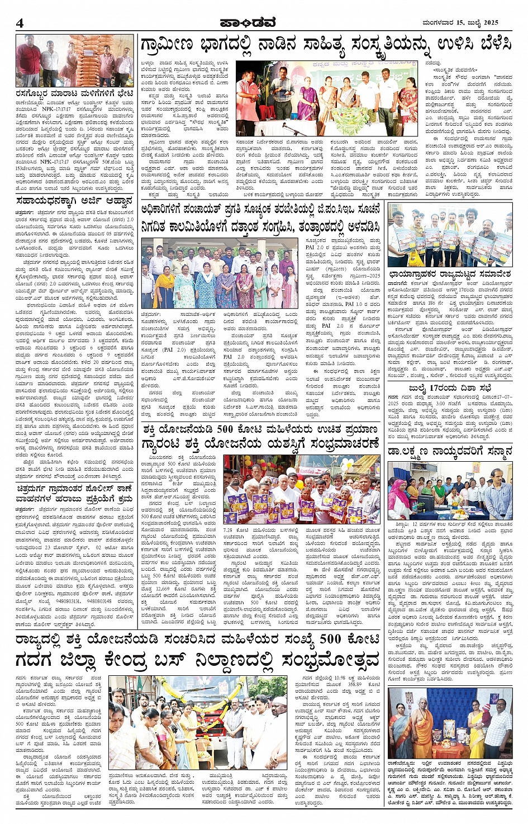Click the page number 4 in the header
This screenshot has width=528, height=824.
pyautogui.click(x=20, y=22)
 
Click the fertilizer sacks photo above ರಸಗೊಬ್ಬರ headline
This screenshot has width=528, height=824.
pyautogui.click(x=74, y=61)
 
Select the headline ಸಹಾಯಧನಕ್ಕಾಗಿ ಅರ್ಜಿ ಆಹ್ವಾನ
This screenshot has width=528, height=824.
pyautogui.click(x=74, y=200)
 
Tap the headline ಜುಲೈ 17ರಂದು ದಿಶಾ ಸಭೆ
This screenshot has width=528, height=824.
pyautogui.click(x=450, y=387)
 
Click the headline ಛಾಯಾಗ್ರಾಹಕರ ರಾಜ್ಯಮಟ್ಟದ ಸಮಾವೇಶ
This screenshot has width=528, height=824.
pyautogui.click(x=450, y=274)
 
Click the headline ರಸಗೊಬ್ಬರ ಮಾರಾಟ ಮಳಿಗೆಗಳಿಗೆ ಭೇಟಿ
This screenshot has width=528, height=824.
pyautogui.click(x=74, y=93)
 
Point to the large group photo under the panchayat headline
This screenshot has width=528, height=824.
pyautogui.click(x=220, y=273)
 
